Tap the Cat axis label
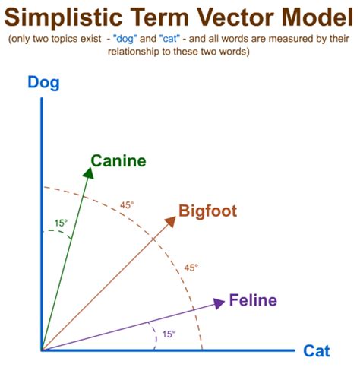pos(316,351)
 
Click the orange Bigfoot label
pos(208,211)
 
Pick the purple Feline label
pos(254,300)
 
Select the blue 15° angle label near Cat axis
pos(168,334)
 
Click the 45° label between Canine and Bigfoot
pos(127,205)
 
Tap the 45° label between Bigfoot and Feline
pos(191,268)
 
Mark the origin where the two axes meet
pos(43,350)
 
